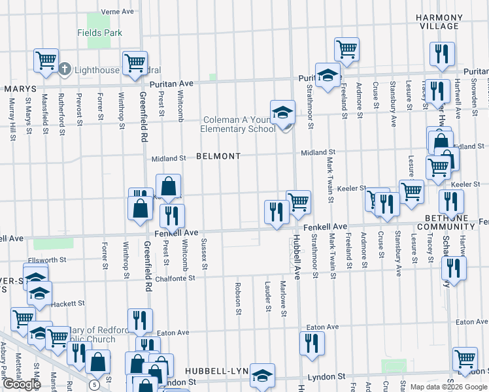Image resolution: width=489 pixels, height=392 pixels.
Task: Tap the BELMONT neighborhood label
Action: pos(218,157)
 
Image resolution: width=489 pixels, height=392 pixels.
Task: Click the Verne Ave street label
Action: pos(118,12)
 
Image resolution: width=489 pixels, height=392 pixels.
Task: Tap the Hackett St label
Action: pos(68,303)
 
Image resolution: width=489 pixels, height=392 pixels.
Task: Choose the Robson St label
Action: pos(239,297)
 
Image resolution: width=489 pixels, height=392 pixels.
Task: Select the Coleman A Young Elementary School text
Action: pos(239,124)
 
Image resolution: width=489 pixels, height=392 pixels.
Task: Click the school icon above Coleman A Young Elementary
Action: pos(283,112)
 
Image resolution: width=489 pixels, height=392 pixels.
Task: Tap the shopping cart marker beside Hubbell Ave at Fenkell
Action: pos(298,201)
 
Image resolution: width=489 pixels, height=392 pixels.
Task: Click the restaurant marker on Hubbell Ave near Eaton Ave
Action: pos(312,343)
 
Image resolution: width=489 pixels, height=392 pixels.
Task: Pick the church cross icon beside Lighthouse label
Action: pos(65,69)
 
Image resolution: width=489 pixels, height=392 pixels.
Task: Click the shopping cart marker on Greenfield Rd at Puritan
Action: pos(135,63)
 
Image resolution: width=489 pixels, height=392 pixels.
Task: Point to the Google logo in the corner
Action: pos(22,384)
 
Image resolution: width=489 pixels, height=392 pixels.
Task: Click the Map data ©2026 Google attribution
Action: pos(448,387)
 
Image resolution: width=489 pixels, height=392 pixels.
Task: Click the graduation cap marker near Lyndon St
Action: pos(262,374)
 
